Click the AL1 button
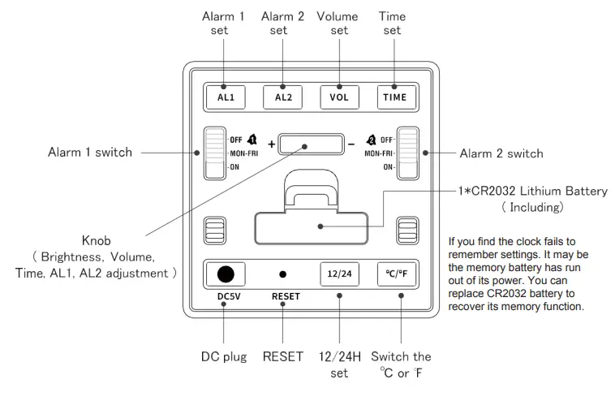226,97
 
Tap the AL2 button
282,97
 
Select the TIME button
395,97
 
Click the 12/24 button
338,274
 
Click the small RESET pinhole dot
282,274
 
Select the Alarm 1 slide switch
214,153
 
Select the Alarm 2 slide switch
407,153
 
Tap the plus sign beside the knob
271,144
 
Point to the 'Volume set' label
338,23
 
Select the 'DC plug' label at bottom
225,356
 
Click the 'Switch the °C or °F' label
401,364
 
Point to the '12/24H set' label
339,364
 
